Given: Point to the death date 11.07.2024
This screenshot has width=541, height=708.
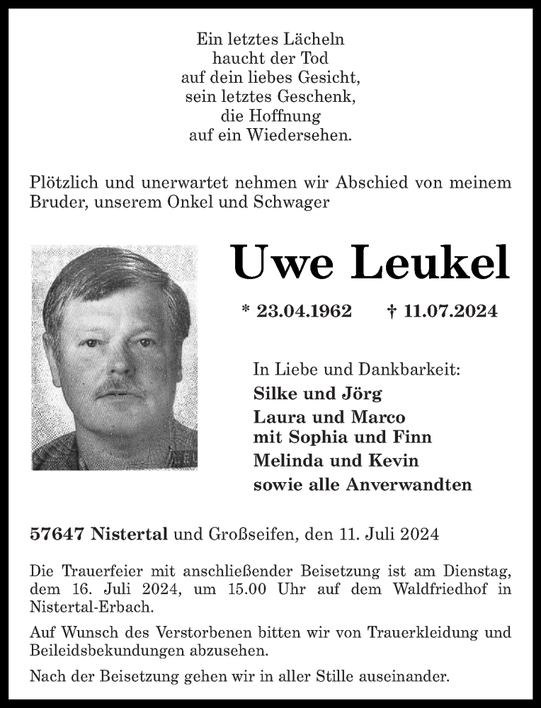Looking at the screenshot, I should click(450, 311).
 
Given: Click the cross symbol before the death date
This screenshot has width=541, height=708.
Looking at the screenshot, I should click(391, 311).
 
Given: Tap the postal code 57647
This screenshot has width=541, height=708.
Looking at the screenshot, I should click(58, 535).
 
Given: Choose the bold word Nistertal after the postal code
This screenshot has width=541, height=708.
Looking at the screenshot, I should click(130, 535).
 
